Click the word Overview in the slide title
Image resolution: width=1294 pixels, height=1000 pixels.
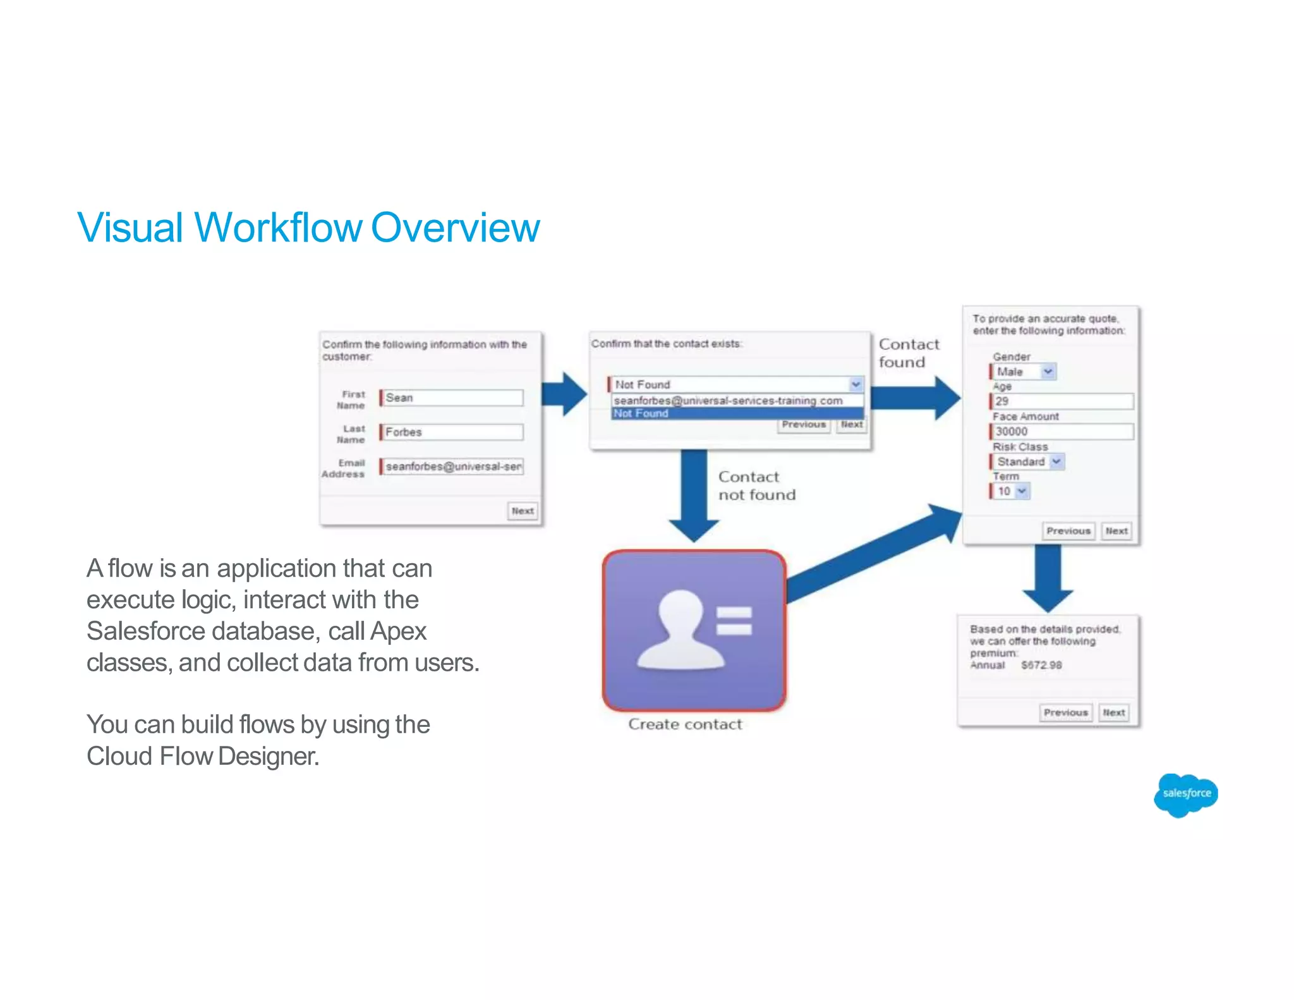coord(455,228)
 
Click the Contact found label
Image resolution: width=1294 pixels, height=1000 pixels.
coord(908,353)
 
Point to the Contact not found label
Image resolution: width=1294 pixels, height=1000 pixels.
coord(756,485)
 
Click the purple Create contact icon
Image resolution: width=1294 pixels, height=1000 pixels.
coord(694,631)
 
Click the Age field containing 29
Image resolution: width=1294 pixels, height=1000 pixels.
coord(1061,401)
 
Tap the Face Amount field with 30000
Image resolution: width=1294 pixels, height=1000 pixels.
coord(1061,431)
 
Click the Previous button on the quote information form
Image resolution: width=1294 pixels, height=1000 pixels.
coord(1068,531)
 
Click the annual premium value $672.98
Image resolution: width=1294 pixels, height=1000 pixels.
coord(1041,665)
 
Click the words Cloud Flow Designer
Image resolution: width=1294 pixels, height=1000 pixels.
coord(203,756)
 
